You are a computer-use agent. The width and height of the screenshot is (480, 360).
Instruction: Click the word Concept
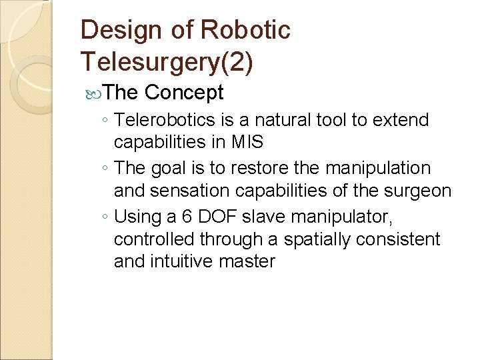pos(183,93)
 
